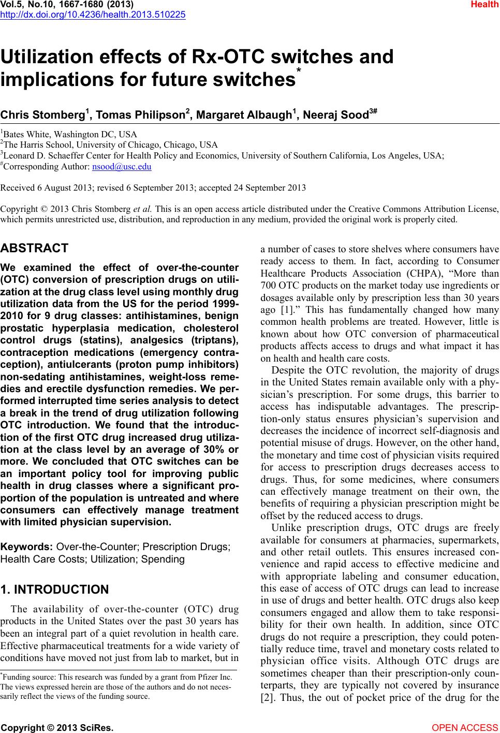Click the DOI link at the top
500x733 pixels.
[x=93, y=14]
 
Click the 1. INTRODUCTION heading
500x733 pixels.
[x=55, y=590]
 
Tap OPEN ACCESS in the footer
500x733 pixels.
[x=465, y=727]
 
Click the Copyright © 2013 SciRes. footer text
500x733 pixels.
[x=57, y=727]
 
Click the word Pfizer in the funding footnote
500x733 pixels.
[x=206, y=677]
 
